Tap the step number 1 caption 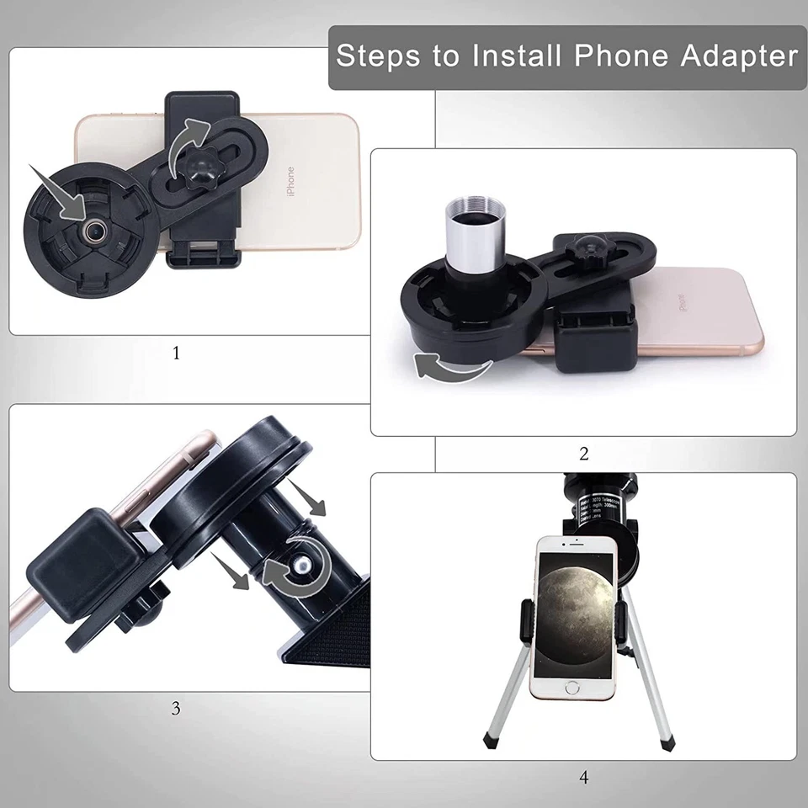(176, 353)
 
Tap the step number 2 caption (584, 454)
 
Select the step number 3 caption (176, 708)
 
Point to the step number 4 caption (584, 777)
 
